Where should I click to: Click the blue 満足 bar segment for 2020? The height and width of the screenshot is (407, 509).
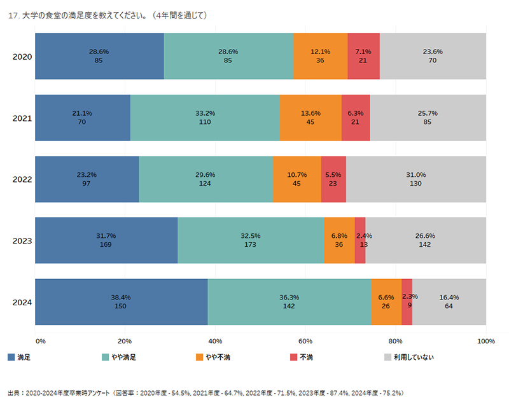point(99,56)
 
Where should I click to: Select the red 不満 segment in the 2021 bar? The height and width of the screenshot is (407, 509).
point(356,118)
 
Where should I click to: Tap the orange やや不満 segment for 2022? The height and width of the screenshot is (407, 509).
point(296,179)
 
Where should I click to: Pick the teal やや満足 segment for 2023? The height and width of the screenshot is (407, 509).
point(251,240)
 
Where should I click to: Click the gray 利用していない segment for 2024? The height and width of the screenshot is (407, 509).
point(449,302)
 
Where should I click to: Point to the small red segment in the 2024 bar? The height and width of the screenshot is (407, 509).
point(407,302)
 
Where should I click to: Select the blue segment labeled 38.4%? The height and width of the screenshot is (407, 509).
point(121,302)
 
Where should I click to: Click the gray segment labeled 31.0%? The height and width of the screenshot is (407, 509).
point(416,179)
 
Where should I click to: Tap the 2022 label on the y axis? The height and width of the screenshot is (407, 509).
point(22,179)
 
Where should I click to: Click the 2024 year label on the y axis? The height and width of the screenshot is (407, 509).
point(22,302)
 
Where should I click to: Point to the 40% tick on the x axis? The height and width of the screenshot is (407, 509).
point(215,341)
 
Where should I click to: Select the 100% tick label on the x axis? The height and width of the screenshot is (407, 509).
point(486,341)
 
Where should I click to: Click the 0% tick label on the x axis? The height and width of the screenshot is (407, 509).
point(41,341)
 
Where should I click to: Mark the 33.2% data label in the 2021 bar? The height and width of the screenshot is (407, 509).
point(205,113)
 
